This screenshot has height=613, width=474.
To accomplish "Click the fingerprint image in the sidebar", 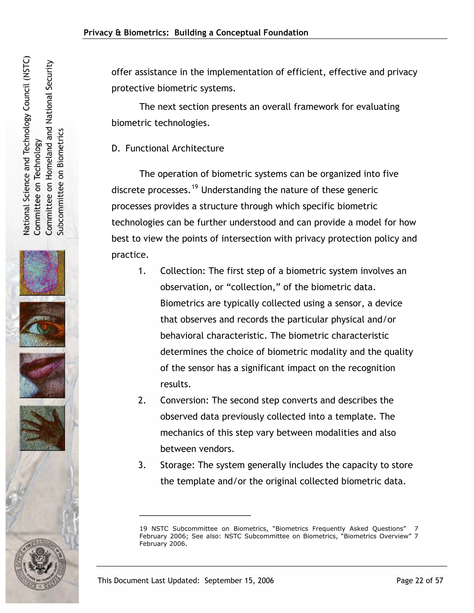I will point(42,273).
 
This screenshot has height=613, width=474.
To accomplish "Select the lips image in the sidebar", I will point(42,375).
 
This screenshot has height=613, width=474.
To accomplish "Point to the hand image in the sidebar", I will point(42,428).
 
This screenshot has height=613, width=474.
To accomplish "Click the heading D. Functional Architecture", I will point(168,148).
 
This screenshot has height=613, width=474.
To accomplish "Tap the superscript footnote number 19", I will point(195,187).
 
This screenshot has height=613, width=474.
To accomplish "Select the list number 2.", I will point(142,400).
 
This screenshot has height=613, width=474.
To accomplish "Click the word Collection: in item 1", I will point(183,271).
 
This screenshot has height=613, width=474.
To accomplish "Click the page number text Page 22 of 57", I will point(420,580).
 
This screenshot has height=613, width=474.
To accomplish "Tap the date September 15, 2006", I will point(239,580).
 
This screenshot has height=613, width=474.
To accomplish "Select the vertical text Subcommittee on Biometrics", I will point(61,182).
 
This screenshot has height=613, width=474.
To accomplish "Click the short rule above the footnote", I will point(195,516).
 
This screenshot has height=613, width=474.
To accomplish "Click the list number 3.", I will point(142,465).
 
